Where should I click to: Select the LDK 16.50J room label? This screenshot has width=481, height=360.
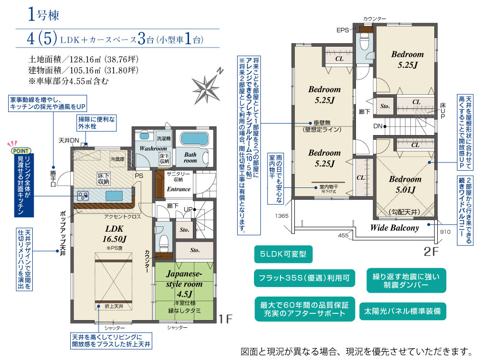click(x=115, y=234)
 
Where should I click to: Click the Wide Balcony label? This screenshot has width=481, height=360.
click(x=394, y=228)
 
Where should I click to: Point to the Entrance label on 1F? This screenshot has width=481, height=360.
click(x=178, y=189)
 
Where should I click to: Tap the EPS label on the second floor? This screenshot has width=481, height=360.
click(x=342, y=30)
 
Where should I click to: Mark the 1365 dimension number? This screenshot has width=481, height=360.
click(x=282, y=216)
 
